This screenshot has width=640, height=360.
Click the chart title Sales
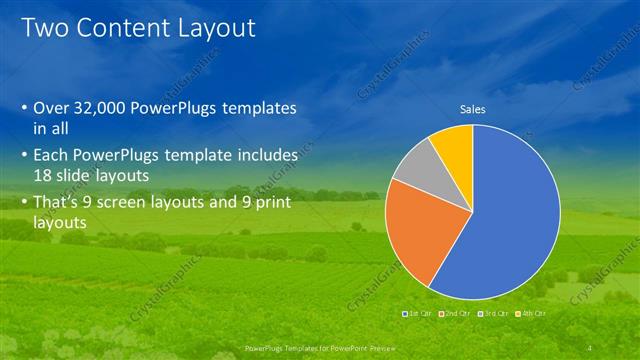pos(472,109)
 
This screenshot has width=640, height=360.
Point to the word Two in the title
pos(45,28)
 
